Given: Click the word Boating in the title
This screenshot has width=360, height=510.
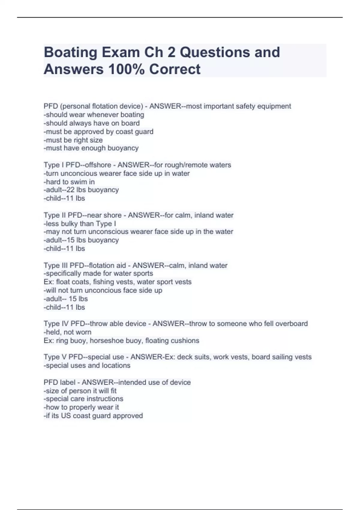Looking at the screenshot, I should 70,52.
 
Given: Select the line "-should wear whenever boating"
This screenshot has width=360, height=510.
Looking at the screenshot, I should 94,115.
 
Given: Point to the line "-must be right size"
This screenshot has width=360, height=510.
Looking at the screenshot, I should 73,140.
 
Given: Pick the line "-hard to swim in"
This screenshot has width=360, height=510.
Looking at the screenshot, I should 69,182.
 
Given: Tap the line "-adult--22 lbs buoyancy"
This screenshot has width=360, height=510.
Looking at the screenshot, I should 81,190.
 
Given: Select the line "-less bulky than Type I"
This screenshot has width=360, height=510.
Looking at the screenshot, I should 80,223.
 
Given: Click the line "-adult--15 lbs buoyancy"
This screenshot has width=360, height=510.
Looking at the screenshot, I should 81,240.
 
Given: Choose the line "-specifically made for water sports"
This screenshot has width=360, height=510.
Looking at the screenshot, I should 98,273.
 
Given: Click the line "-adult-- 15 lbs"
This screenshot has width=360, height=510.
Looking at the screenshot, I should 66,299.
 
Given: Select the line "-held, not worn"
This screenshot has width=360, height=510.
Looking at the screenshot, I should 67,332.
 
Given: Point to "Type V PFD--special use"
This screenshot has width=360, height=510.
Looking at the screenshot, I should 84,357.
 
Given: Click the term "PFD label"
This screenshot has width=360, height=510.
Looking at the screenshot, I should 59,382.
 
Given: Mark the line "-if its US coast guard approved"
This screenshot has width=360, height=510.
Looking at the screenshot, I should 93,416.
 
